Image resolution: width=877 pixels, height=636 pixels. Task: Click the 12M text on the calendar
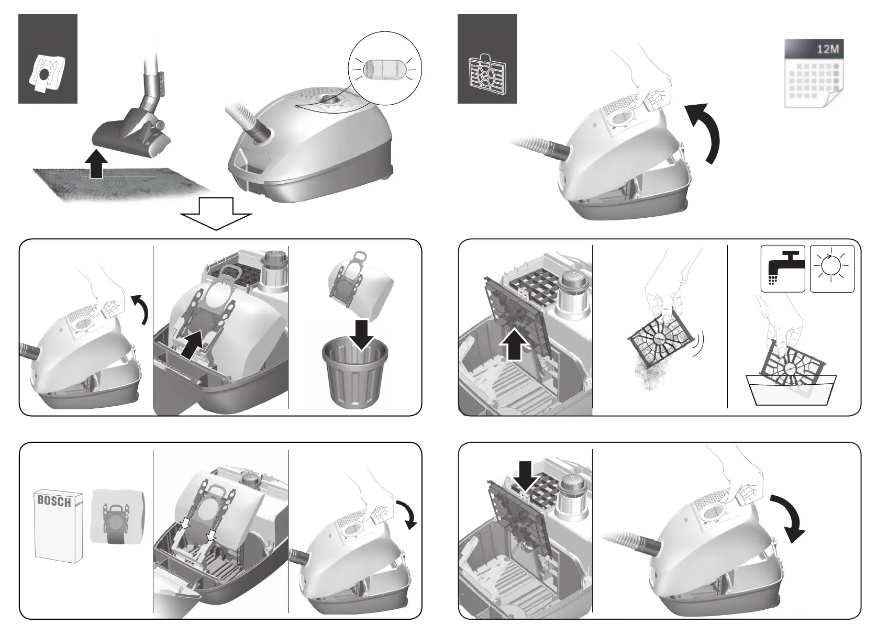[828, 49]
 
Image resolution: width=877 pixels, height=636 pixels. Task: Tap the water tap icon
[783, 269]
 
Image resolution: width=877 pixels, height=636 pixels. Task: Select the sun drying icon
[832, 269]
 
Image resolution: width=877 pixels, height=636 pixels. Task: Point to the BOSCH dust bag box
[59, 525]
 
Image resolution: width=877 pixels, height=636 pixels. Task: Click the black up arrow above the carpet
[96, 164]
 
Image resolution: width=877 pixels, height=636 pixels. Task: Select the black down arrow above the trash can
[362, 334]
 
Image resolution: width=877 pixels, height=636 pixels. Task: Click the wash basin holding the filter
[791, 390]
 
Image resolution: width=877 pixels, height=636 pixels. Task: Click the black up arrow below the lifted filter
[515, 344]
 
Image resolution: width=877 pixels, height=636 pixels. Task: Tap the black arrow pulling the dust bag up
[194, 344]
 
